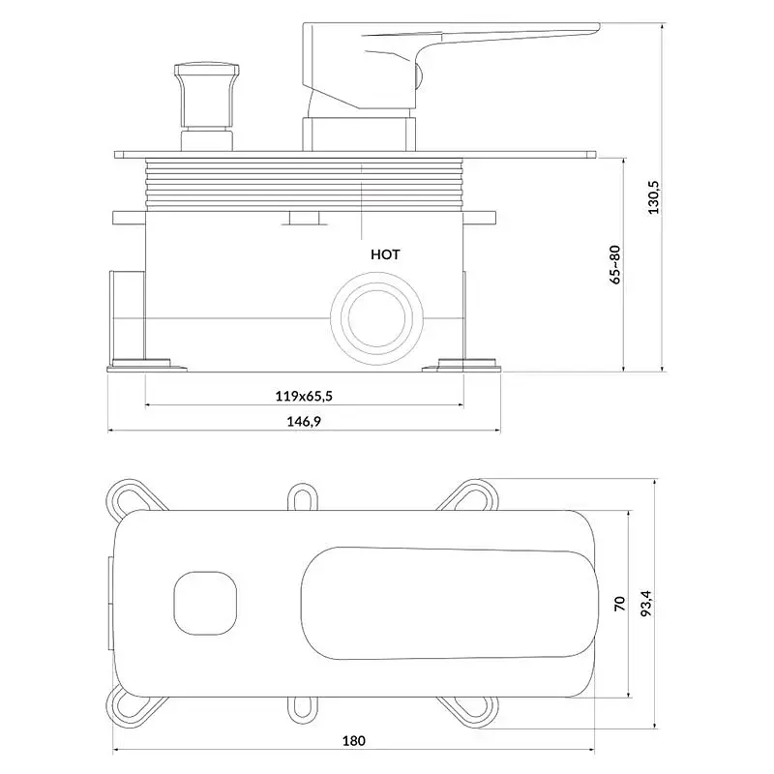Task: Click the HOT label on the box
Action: pos(385,254)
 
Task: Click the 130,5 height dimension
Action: pos(654,197)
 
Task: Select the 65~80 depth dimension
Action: pos(615,264)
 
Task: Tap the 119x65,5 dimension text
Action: pos(304,396)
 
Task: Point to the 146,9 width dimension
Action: pos(304,422)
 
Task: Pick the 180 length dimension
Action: pos(354,740)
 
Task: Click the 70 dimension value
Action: pos(620,604)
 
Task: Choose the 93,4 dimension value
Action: pos(646,603)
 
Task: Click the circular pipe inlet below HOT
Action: pos(376,318)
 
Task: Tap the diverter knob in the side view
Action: pos(206,106)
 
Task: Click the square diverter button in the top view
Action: pos(205,603)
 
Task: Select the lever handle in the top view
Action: pos(449,603)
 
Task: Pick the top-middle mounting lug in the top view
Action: pos(303,496)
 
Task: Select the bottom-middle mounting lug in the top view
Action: pos(303,710)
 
